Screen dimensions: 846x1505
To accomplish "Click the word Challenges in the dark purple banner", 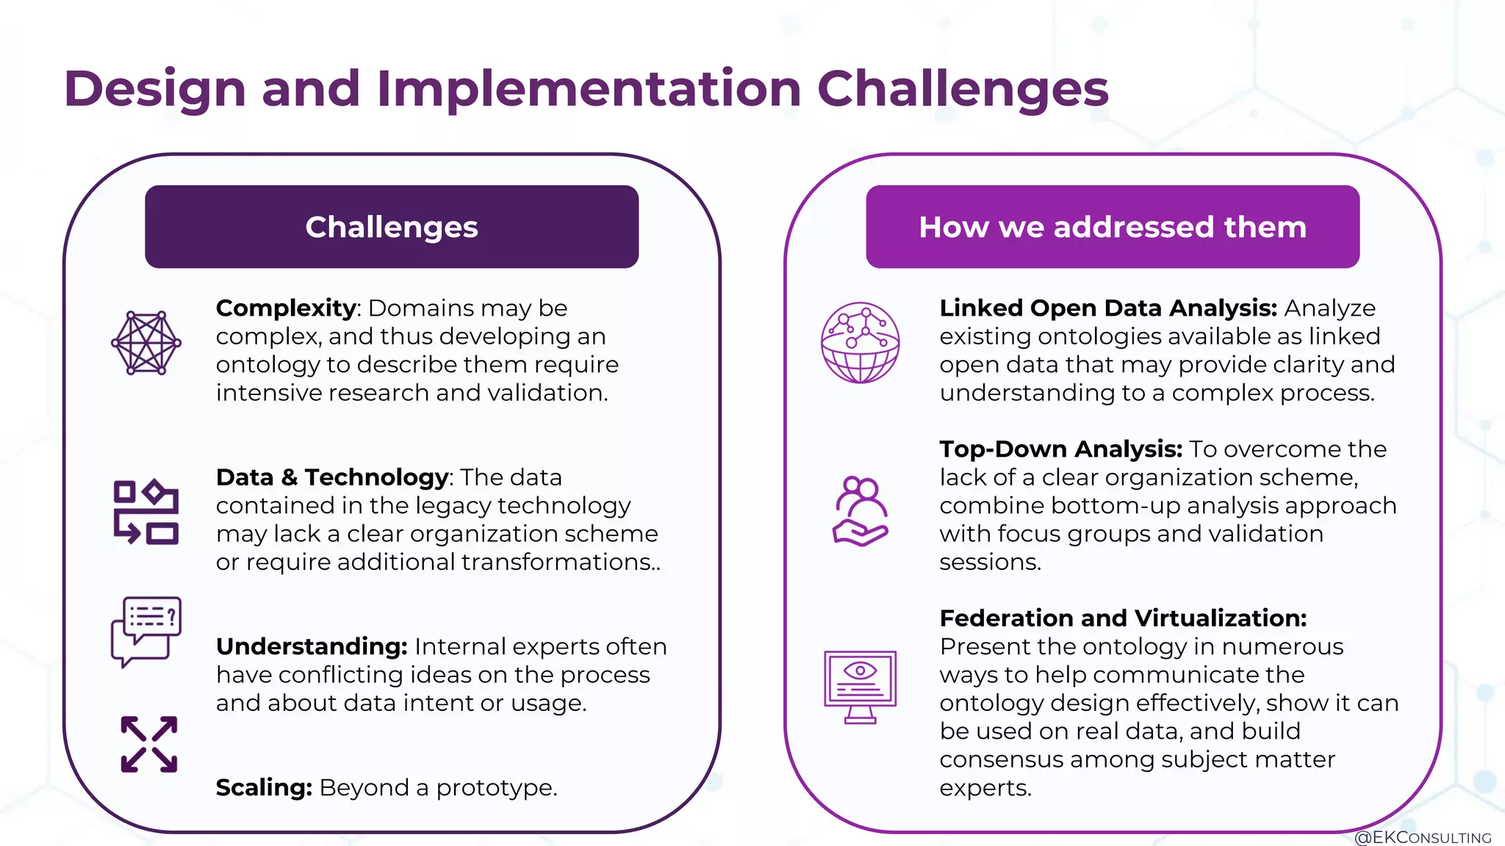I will coord(391,227).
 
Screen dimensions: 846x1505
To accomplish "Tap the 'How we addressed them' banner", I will coord(1112,227).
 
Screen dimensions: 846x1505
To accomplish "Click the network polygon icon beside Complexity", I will coord(146,343).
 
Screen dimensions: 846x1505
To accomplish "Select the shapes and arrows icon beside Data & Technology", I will coord(146,512).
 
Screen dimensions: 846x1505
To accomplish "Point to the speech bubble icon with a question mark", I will coord(146,631).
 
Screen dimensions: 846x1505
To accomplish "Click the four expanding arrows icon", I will coord(149,744).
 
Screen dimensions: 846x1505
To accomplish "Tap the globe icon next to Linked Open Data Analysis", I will coord(860,342).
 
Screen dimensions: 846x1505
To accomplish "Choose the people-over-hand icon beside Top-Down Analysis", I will coord(860,511).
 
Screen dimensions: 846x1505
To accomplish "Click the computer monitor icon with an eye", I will coord(860,687).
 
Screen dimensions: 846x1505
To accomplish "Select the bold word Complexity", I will coord(285,308).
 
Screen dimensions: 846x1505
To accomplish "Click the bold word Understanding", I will coord(311,646).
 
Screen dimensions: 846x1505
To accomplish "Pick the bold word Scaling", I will coord(264,787).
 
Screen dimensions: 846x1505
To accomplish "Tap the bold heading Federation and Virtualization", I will coord(1123,618).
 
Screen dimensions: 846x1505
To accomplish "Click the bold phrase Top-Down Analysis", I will coord(1060,449).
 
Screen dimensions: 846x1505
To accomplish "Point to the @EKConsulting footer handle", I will coord(1422,837).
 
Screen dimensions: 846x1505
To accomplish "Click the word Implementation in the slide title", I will coord(589,89).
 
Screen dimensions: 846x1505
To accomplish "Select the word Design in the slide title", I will coord(154,89).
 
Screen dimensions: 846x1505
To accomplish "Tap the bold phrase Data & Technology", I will coord(332,477).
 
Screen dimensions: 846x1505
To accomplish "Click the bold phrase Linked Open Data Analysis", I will coord(1108,308).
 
